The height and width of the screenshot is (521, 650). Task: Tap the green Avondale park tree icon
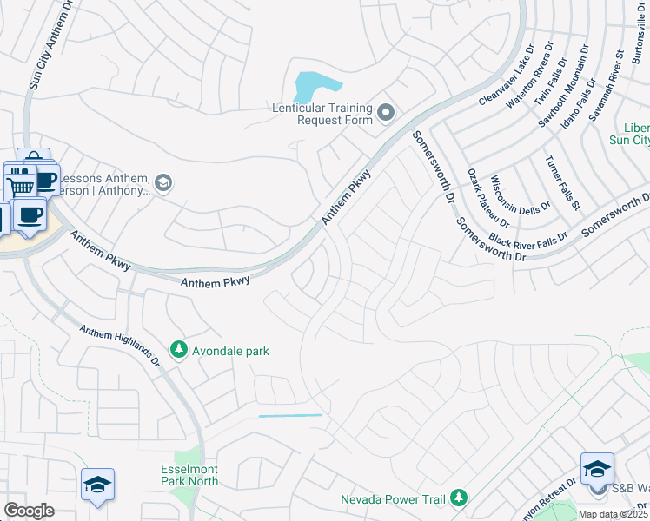tap(179, 350)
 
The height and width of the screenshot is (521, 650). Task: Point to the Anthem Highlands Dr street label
tap(120, 346)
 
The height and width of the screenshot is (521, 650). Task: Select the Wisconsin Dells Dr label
tap(514, 197)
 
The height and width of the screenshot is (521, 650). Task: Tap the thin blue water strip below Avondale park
tap(290, 416)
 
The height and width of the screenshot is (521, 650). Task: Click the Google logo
tap(30, 510)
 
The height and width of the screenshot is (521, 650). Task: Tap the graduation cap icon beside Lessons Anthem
tap(163, 182)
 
